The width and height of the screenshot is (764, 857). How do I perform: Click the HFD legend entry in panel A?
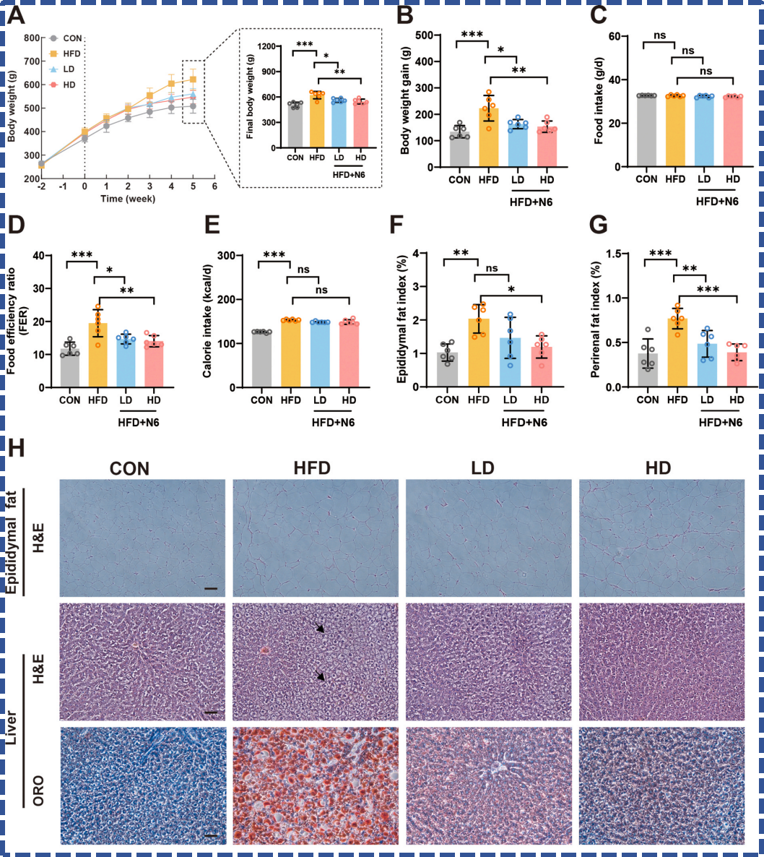coord(65,53)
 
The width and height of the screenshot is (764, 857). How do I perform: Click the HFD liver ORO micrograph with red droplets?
coord(316,785)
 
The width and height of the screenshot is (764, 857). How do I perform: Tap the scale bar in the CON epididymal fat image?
coord(211,589)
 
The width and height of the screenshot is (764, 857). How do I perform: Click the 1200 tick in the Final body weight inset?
coord(266,46)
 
